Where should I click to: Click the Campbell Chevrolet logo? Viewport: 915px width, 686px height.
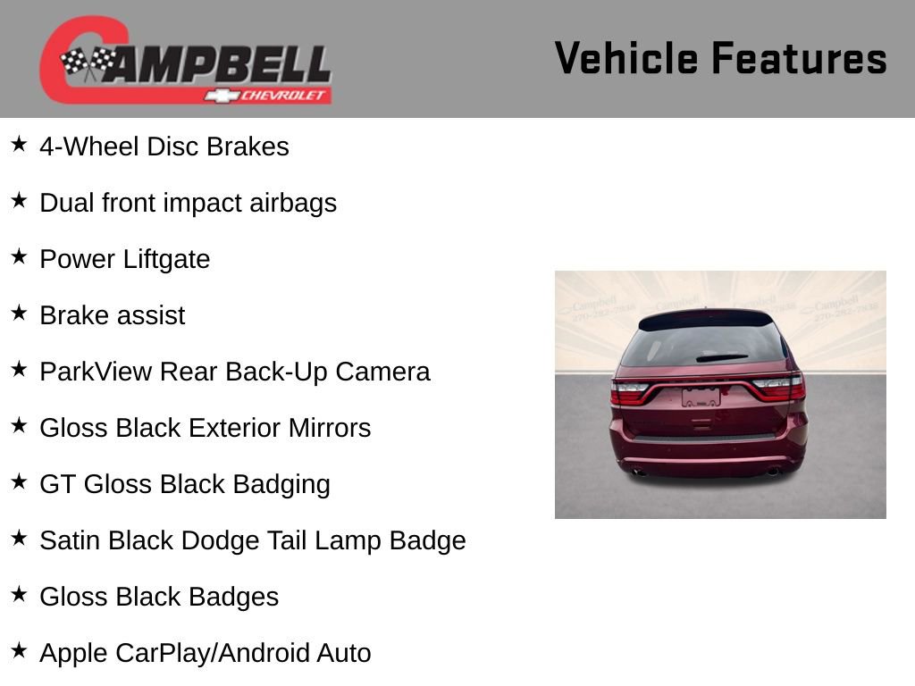[186, 61]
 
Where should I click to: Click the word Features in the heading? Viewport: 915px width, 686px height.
[799, 59]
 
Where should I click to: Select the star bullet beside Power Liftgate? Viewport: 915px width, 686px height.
[19, 257]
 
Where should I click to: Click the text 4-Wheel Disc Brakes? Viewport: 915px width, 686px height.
[164, 146]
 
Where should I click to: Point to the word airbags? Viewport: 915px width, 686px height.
[293, 203]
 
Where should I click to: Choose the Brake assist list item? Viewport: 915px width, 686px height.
[113, 315]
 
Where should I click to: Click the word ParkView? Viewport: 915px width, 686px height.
[96, 372]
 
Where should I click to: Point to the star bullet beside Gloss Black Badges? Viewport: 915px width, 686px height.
[19, 595]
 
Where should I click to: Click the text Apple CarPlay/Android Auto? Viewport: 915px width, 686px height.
[206, 653]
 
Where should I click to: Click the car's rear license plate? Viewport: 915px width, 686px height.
[701, 397]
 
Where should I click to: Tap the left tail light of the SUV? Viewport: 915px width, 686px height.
[630, 391]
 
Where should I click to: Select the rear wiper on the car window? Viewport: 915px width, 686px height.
[721, 357]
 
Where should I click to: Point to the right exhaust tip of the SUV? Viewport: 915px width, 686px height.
[772, 471]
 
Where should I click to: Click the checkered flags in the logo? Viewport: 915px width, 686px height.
[88, 63]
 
